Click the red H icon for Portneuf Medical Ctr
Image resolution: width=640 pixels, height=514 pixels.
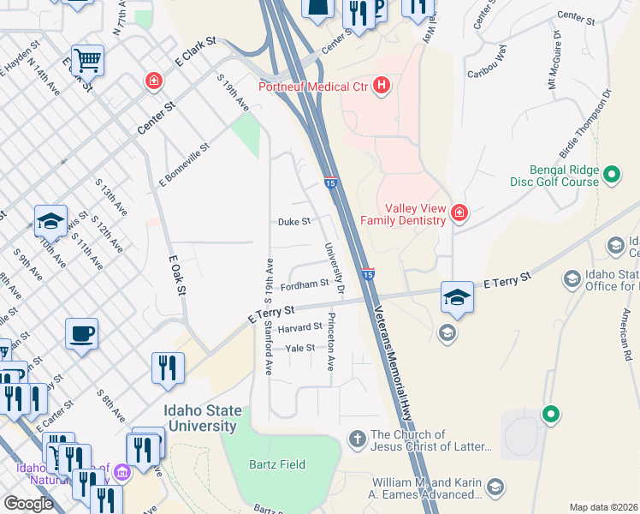pyautogui.click(x=382, y=87)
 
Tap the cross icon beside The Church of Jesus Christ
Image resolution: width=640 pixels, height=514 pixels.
pyautogui.click(x=358, y=439)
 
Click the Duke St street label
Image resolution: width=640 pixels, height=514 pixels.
pyautogui.click(x=293, y=221)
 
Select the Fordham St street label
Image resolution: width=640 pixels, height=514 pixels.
pyautogui.click(x=305, y=284)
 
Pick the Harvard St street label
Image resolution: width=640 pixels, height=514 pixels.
pyautogui.click(x=299, y=326)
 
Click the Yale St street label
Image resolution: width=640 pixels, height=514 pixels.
pyautogui.click(x=300, y=348)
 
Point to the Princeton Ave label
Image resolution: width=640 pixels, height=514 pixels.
pyautogui.click(x=330, y=342)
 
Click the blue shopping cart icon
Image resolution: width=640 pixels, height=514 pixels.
pyautogui.click(x=87, y=60)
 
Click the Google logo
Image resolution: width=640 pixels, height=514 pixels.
pyautogui.click(x=28, y=503)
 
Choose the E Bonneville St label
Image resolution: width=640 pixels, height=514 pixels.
pyautogui.click(x=184, y=164)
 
